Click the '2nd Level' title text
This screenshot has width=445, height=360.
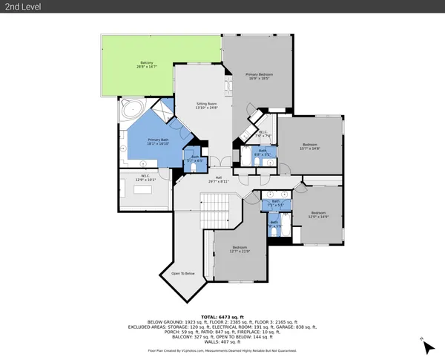click(x=23, y=7)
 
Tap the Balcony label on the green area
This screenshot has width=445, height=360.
click(x=146, y=65)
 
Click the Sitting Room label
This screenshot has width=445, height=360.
click(x=206, y=105)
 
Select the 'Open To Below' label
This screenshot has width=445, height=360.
click(x=182, y=273)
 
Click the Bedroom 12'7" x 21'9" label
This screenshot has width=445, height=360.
click(x=240, y=249)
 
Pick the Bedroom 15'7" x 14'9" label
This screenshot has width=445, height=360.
click(x=309, y=146)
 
